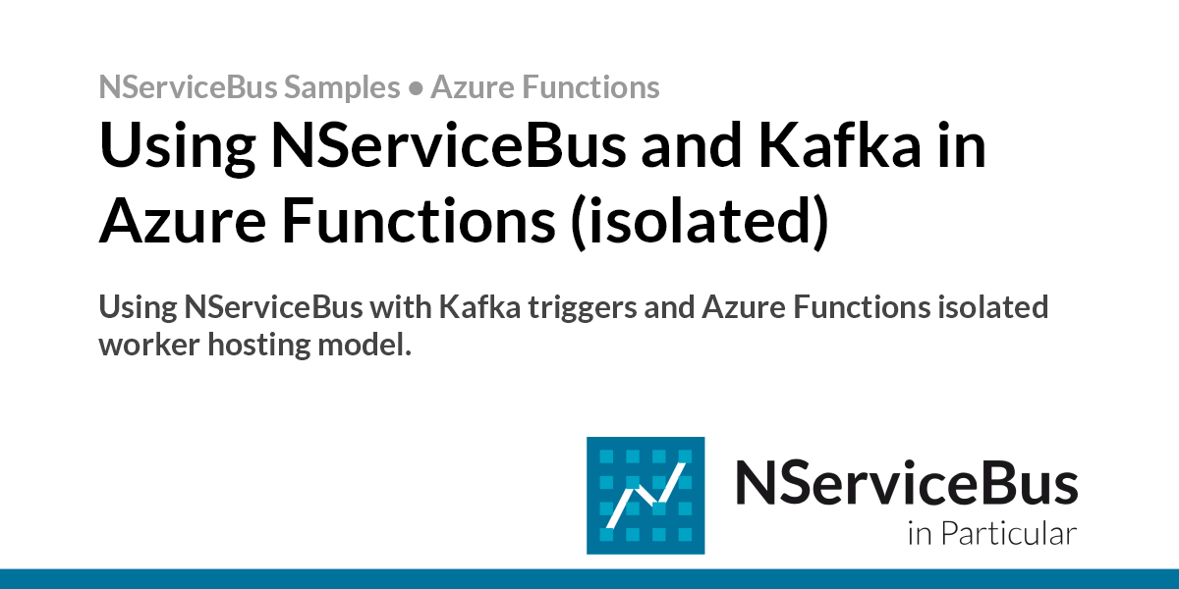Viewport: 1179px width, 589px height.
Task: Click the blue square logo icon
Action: pyautogui.click(x=646, y=495)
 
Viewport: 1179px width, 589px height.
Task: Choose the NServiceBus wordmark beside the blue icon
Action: pyautogui.click(x=906, y=484)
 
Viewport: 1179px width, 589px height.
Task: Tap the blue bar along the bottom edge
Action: pyautogui.click(x=589, y=578)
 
